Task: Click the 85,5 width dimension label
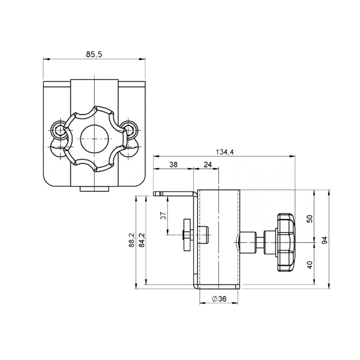[94, 55]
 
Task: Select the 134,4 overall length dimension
[225, 152]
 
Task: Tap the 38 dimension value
[173, 164]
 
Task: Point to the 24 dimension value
[208, 164]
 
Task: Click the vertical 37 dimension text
[163, 215]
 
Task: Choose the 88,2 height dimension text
[131, 240]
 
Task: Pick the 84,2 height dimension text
[142, 240]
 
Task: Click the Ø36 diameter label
[219, 299]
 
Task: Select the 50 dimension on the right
[310, 218]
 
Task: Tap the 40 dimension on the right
[310, 265]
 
